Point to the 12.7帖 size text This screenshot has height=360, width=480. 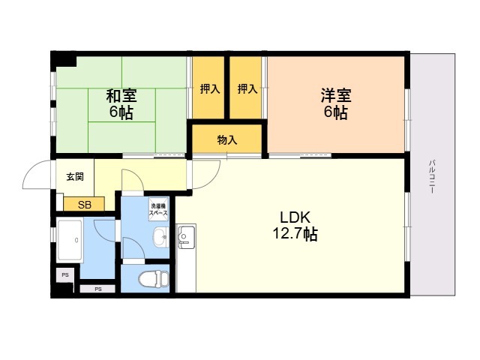coord(294,234)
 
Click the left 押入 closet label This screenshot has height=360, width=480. coord(209,89)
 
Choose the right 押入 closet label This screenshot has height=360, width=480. coord(247,89)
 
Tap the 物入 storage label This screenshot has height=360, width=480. coord(227,139)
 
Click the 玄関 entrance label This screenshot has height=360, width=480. coord(75,178)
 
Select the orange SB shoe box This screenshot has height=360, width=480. coord(85,204)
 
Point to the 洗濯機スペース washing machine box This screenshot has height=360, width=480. coord(158,210)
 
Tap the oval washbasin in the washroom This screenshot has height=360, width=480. coord(160,239)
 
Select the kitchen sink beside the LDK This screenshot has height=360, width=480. coord(184,238)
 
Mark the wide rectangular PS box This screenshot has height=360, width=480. coord(97,289)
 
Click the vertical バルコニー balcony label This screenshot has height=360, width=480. coord(433,176)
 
